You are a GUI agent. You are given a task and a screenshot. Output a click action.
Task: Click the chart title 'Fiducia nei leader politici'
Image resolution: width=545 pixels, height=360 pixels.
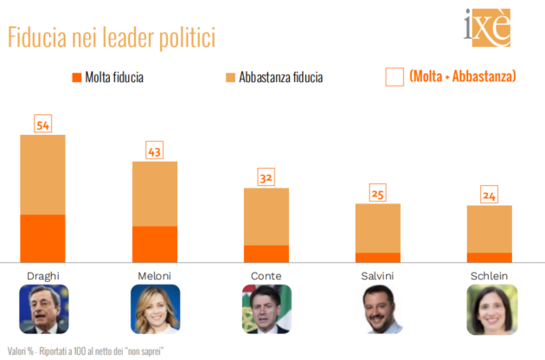[x=111, y=38]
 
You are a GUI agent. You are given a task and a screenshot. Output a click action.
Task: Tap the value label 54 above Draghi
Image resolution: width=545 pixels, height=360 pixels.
[x=42, y=124]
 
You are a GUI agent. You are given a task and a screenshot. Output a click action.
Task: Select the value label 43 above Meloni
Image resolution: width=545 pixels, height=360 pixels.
[x=155, y=151]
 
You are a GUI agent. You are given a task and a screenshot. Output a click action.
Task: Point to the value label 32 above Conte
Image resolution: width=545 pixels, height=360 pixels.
[x=266, y=178]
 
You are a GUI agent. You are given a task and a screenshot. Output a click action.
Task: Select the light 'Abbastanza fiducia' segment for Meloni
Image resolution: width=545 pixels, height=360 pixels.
[x=155, y=194]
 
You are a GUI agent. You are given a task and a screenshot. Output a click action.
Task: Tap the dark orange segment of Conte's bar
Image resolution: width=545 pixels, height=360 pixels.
[x=266, y=253]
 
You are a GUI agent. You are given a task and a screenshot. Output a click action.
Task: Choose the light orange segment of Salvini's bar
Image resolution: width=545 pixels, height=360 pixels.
[x=378, y=228]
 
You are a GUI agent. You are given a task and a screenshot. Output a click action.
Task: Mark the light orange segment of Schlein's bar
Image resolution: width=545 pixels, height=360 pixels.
[x=490, y=229]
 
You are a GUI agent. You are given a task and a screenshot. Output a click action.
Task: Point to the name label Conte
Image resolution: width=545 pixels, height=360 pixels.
[x=266, y=275]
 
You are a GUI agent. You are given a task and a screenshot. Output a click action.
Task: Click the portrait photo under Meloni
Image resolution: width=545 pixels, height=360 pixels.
[x=155, y=309]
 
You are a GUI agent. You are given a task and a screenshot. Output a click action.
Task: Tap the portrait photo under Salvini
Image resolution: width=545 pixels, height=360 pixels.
[x=378, y=309]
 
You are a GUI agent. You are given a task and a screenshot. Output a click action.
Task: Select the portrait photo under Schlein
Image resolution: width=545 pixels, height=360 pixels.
[x=490, y=309]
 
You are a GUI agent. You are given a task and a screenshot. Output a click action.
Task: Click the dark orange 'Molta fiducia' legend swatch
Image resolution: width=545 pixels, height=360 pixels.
[x=76, y=77]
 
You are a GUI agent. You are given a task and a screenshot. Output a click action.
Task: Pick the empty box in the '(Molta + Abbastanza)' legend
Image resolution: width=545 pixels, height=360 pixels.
[x=394, y=77]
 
